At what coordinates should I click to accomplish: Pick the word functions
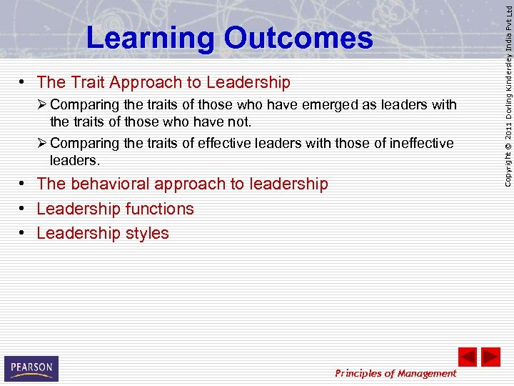point(158,209)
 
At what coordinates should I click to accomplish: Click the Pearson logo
point(31,368)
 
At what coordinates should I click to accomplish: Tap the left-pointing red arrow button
point(467,357)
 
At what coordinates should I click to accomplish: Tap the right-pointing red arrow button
point(490,357)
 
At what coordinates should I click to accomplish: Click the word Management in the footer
point(427,373)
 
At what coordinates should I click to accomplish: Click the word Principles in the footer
point(362,373)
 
